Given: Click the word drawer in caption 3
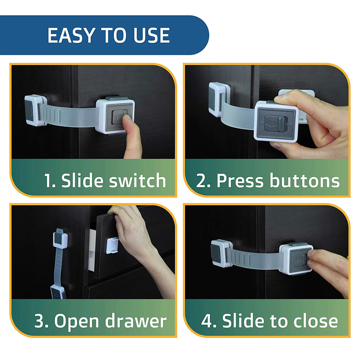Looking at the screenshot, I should coord(136,321).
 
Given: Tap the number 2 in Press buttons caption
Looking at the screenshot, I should coord(201,181).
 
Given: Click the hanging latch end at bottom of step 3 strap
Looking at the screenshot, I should coord(58,292).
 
